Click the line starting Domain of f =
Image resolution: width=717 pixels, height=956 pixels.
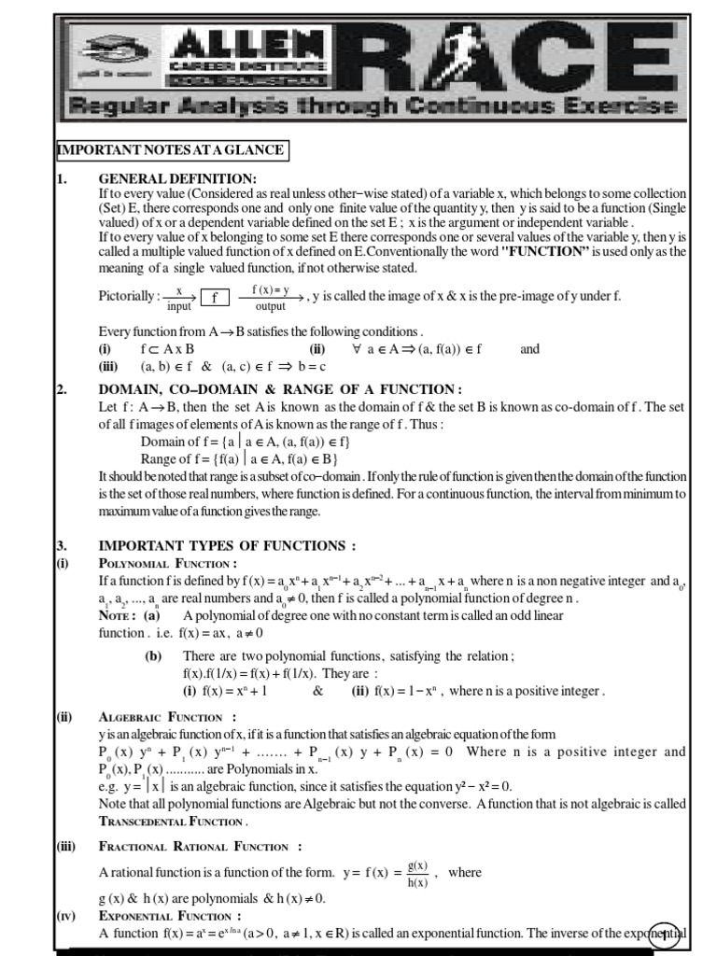tap(245, 441)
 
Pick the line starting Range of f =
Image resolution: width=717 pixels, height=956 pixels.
tap(239, 458)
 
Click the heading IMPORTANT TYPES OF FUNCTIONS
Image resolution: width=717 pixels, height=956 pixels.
tap(227, 546)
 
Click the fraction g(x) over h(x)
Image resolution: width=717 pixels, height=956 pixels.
tap(418, 874)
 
